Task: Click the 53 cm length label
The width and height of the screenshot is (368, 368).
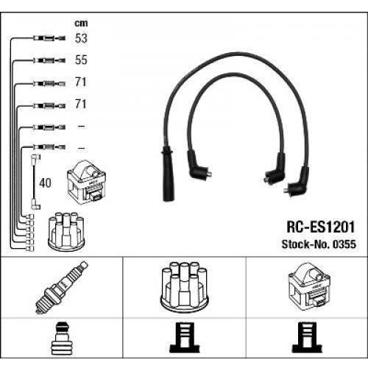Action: coord(81,38)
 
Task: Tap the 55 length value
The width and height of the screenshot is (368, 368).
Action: coord(81,60)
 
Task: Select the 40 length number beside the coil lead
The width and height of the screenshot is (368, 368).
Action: coord(45,183)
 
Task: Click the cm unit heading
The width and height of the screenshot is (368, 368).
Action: coord(81,24)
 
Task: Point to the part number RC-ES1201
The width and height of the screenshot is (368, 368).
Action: coord(321,227)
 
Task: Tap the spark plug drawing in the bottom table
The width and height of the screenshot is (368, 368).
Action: coord(62,288)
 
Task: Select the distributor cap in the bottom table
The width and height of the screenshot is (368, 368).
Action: coord(184,287)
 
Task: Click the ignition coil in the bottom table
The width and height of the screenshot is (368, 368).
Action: coord(309,285)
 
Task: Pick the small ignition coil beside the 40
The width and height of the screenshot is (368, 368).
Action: coord(86,182)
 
